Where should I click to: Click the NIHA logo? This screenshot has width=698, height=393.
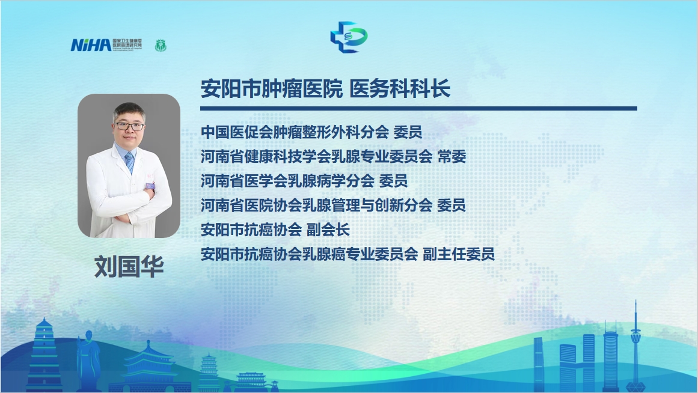coord(106,45)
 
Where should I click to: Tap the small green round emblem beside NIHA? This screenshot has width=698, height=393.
coord(161,46)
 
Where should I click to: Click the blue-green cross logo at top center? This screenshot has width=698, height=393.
coord(349,37)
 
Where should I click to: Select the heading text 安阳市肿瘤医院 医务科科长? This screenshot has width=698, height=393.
coord(325,88)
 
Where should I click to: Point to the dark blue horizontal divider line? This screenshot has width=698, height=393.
coord(418,108)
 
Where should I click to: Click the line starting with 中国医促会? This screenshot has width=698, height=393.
coord(311,132)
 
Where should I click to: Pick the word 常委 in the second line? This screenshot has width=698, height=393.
coord(452,157)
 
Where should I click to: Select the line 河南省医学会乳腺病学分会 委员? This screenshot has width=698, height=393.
coord(304,181)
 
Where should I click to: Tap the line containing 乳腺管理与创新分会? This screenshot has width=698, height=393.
coord(333,206)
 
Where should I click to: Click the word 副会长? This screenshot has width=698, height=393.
coord(328,230)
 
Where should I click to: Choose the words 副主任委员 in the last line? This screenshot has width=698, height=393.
coord(459,254)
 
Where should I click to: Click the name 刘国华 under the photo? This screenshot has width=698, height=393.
coord(129,267)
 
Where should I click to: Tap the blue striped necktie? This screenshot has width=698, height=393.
coord(129,163)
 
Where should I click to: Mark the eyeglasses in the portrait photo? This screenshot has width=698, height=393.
coord(129,126)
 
